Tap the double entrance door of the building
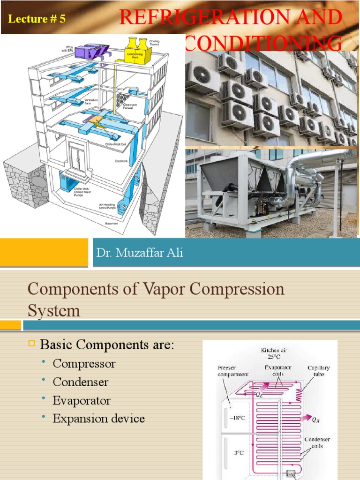click(x=76, y=155)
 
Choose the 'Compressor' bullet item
click(x=84, y=363)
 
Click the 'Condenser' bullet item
click(x=81, y=382)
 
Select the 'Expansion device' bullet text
click(x=98, y=419)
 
